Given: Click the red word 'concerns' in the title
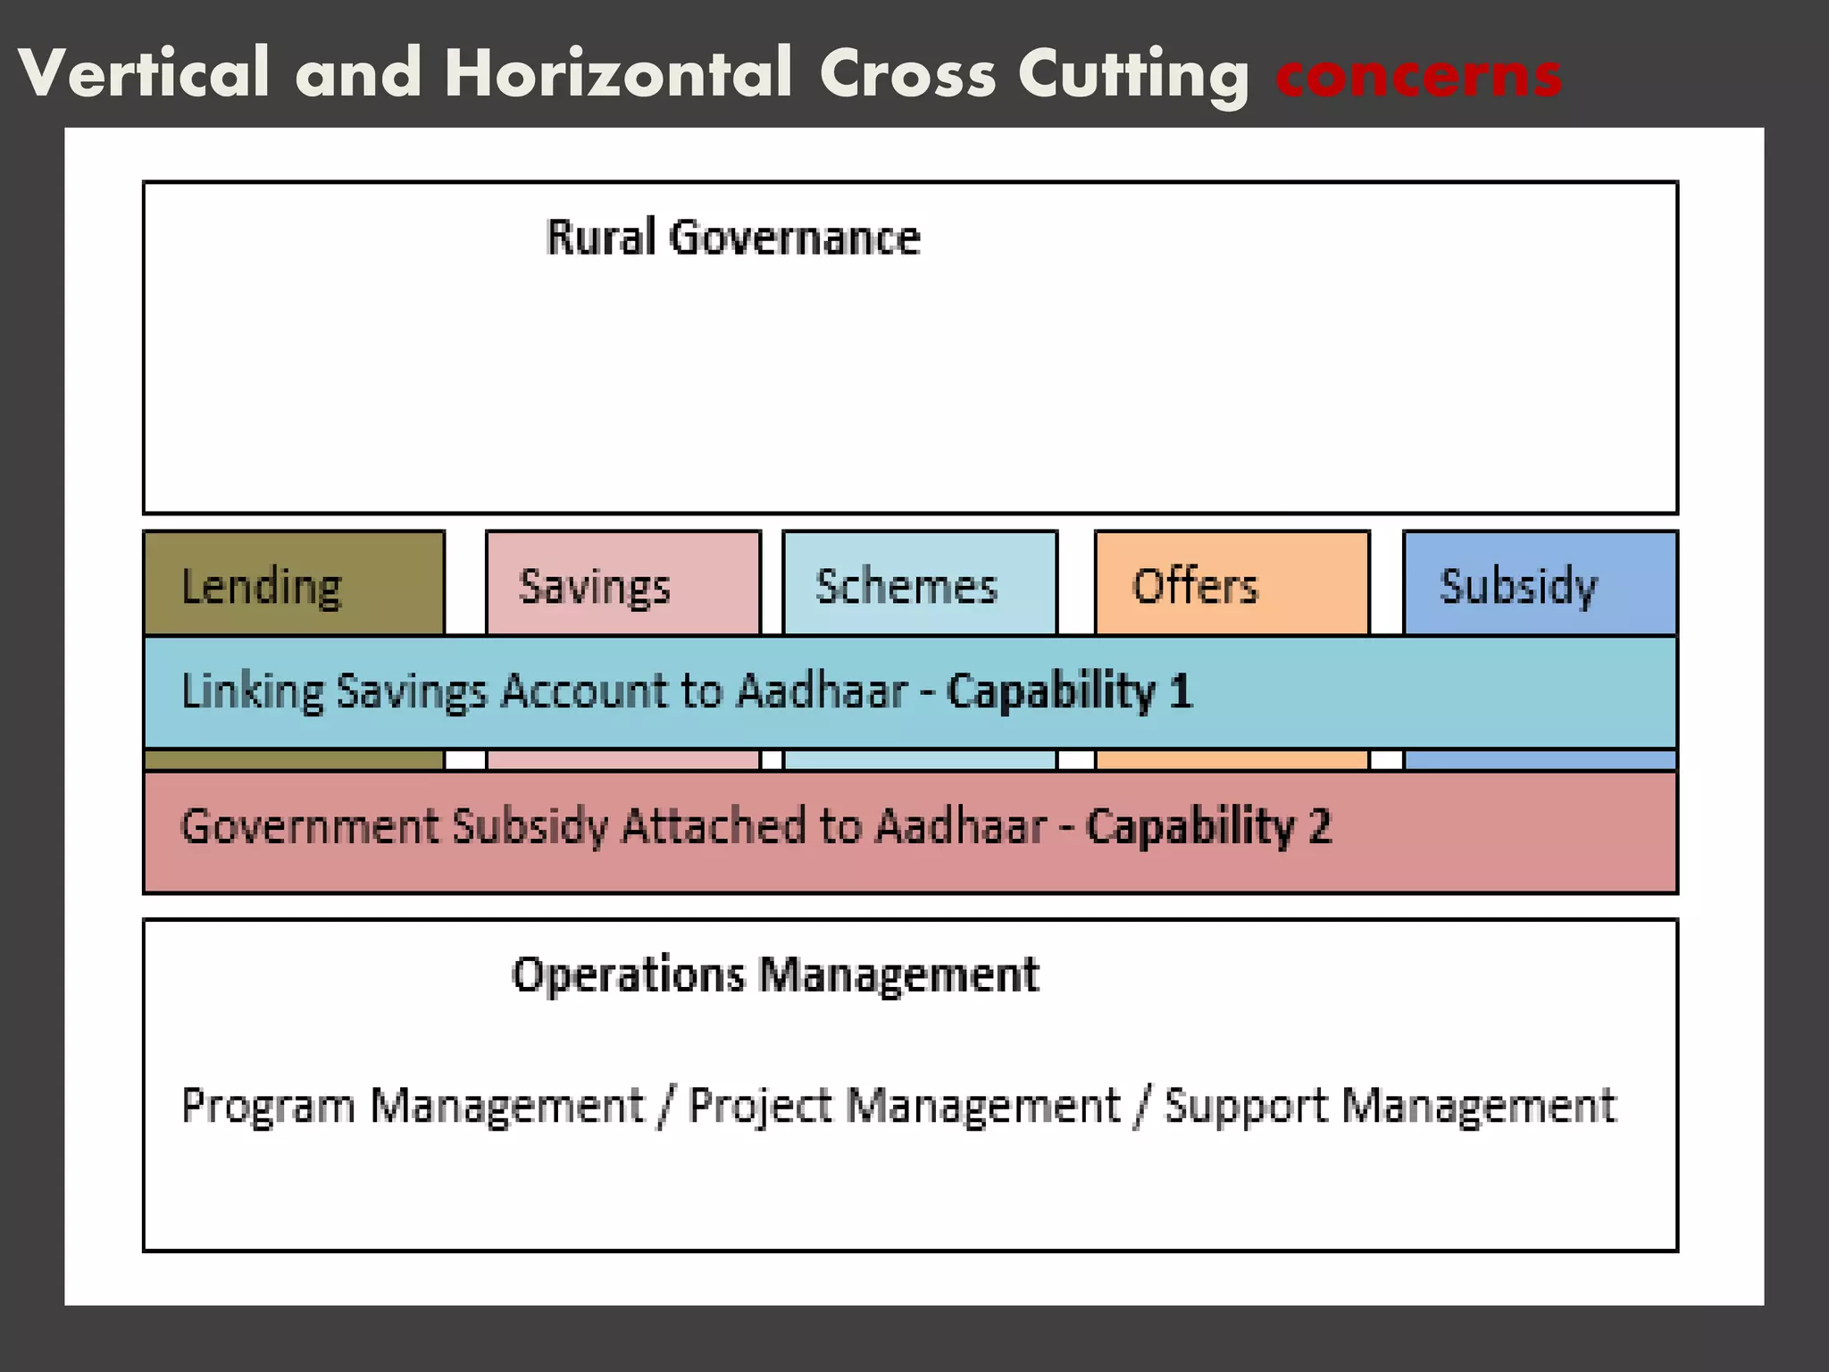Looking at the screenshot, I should pos(1418,75).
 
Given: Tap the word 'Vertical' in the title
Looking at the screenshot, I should pos(144,73).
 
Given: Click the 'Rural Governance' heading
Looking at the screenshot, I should pos(732,238).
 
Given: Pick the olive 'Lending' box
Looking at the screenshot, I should pos(294,585).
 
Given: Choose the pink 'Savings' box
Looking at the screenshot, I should pos(622,585).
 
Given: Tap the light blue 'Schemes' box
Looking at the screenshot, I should pos(919,585).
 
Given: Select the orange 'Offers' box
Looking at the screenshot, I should pos(1232,585).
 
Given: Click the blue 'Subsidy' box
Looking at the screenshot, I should pos(1540,585).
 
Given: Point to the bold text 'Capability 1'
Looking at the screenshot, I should pos(1069,692).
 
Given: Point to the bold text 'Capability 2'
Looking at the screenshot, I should pos(1208,826).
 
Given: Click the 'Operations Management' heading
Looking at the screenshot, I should pos(775,975).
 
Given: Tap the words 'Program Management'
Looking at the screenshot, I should pos(412,1106).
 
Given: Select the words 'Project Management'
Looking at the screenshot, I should pos(904,1106).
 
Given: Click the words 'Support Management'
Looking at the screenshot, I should pos(1390,1106).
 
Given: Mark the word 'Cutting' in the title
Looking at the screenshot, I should pos(1133,75).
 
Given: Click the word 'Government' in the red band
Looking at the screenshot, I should pos(309,826).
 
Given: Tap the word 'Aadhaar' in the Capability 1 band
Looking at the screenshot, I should pos(822,692).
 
